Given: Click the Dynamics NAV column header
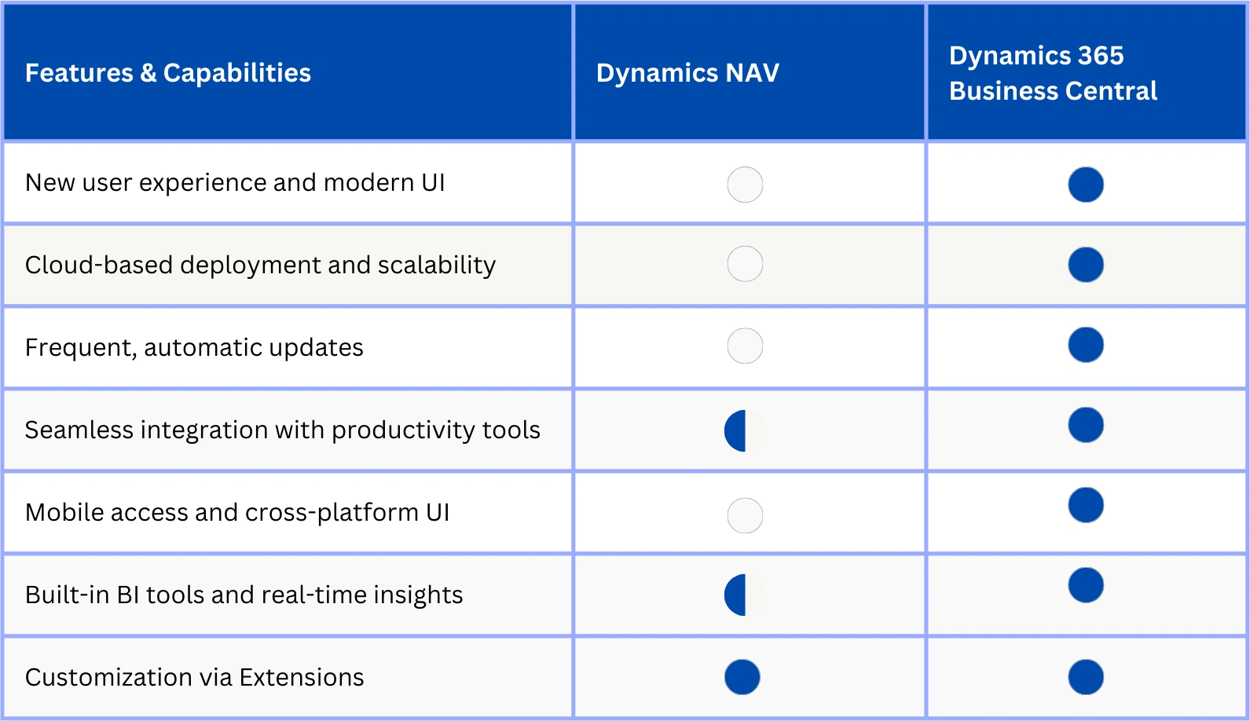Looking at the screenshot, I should [x=687, y=73].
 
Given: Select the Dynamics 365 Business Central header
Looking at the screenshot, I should [x=1052, y=73].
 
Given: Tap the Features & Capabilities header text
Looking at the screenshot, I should [x=168, y=73].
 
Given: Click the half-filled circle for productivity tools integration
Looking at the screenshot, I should [x=744, y=430].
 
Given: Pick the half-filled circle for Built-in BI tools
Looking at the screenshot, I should [x=744, y=595].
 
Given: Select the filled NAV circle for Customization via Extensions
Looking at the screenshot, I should [x=742, y=677].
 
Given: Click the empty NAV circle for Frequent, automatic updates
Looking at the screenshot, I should [x=745, y=346].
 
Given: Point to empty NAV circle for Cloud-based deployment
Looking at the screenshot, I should [x=745, y=264].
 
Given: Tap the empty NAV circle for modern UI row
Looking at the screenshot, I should [x=745, y=185].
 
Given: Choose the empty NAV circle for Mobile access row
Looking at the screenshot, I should [x=745, y=515].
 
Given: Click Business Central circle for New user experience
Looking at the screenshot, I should [x=1086, y=185].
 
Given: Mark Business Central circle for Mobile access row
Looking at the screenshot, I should [x=1086, y=505].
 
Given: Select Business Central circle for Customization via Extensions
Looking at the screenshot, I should [x=1086, y=677].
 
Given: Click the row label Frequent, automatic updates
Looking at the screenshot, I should [x=194, y=347].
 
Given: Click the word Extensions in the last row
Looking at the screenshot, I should [x=302, y=677].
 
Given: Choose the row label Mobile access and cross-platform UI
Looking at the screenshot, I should [x=237, y=512].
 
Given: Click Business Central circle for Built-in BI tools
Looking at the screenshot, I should [x=1086, y=585].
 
